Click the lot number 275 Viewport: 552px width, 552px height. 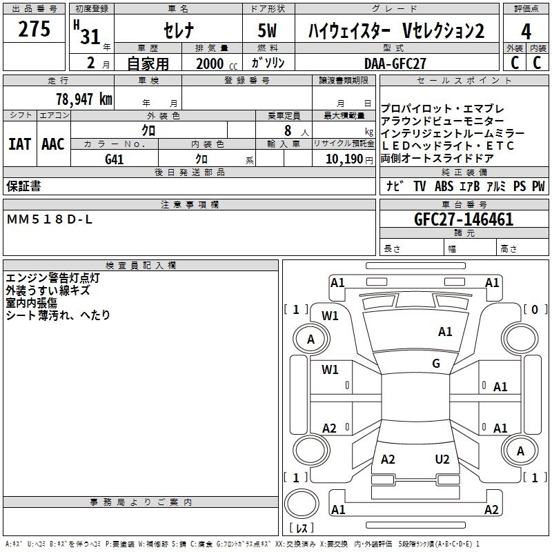tap(34, 30)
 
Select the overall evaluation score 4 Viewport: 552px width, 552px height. tap(526, 31)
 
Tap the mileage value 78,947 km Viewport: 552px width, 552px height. tap(83, 99)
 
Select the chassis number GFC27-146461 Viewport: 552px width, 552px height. tap(464, 219)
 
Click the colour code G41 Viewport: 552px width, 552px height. tap(114, 159)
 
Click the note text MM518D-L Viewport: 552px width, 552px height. tap(49, 219)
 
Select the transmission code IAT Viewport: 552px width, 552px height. tap(19, 144)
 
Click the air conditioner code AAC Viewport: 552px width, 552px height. tap(52, 144)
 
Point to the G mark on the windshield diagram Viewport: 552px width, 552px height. tap(436, 364)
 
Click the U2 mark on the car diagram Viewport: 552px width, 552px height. tap(442, 460)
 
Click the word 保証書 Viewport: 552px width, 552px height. tap(23, 186)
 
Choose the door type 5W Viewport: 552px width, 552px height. tap(269, 31)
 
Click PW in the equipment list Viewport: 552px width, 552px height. tap(538, 186)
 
